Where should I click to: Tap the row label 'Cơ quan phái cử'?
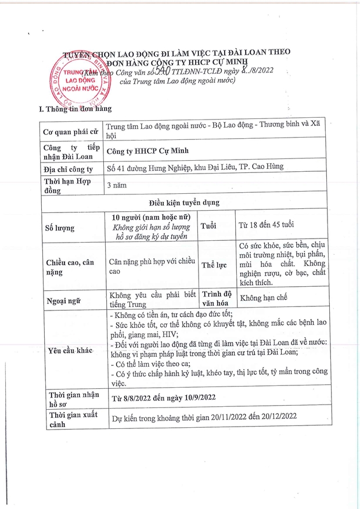(x=69, y=133)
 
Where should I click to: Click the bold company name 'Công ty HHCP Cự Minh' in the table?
(x=153, y=153)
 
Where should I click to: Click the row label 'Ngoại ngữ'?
(x=63, y=301)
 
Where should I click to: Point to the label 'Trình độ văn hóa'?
(x=217, y=297)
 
